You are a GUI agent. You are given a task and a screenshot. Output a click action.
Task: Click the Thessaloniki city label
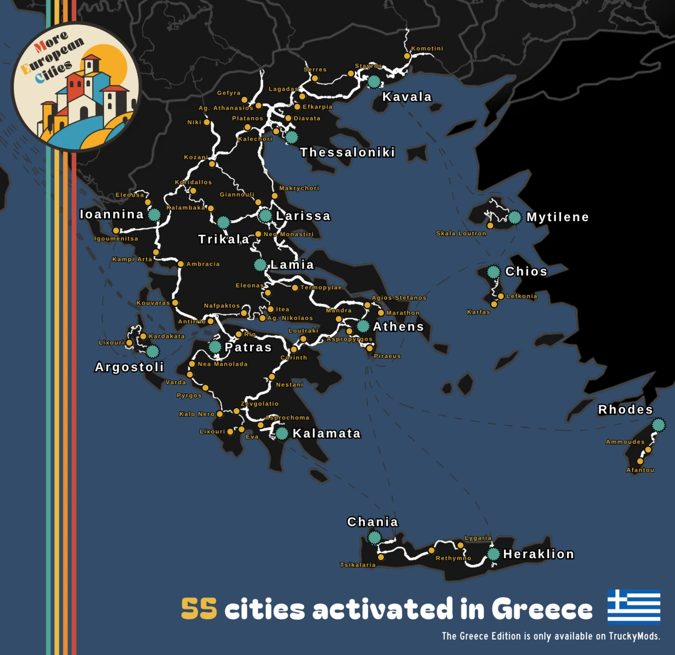[347, 153]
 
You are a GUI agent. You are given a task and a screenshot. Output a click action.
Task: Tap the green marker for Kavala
[374, 82]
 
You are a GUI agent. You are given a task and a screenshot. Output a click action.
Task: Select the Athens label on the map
[398, 327]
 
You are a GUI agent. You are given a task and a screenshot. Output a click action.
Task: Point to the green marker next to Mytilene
[515, 217]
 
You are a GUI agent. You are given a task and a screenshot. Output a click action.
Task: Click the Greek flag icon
[634, 606]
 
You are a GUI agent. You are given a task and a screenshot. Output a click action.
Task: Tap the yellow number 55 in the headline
[199, 609]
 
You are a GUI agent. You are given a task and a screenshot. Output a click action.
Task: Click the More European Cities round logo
[76, 87]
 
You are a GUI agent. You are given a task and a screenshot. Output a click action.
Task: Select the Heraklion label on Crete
[539, 554]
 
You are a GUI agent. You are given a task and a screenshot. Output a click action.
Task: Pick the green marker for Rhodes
[659, 425]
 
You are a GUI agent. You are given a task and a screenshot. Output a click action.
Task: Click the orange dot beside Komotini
[407, 56]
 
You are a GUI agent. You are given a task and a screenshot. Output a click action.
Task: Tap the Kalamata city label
[326, 434]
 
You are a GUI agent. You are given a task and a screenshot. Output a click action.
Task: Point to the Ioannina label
[112, 214]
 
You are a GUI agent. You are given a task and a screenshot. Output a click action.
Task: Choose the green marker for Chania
[375, 537]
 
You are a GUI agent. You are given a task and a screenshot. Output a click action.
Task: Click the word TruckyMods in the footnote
[634, 636]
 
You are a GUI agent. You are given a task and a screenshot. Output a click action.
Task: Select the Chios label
[526, 272]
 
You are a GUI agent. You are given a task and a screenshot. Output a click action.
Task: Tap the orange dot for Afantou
[640, 461]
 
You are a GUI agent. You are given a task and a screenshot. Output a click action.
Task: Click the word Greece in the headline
[542, 609]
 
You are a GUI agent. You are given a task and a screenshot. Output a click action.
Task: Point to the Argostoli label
[129, 367]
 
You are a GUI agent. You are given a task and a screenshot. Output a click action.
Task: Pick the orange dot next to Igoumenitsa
[116, 231]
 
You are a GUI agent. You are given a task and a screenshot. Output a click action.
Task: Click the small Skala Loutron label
[461, 234]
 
